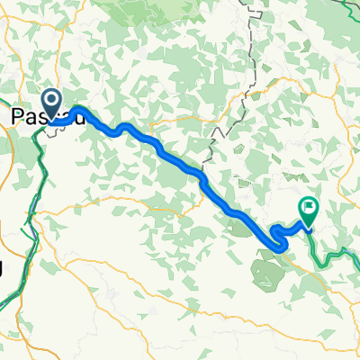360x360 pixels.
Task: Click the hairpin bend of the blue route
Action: (x=274, y=237)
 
